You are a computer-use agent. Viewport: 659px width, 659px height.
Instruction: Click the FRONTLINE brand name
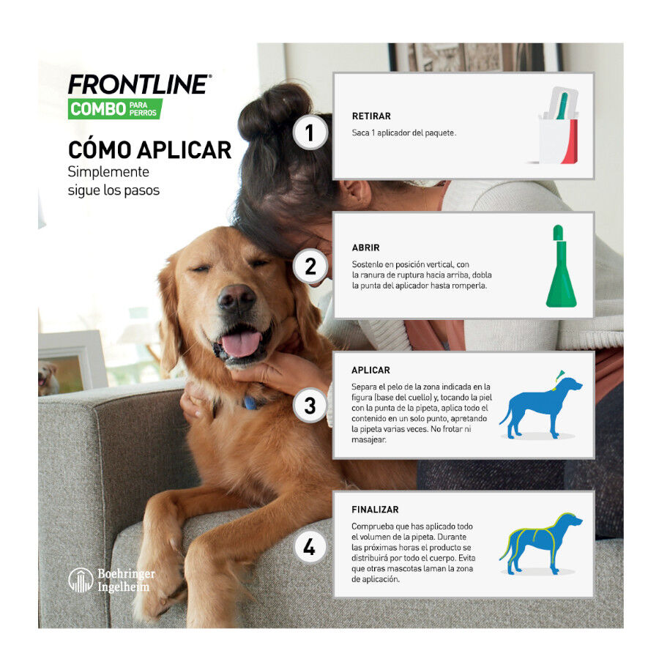[138, 84]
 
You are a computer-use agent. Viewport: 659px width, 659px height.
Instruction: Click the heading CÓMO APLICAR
[149, 149]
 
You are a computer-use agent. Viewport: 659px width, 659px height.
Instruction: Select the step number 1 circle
[310, 133]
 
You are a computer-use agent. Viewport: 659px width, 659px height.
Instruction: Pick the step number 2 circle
[310, 267]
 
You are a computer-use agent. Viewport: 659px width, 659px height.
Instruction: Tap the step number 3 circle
[310, 405]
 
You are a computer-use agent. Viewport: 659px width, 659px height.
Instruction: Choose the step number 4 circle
[310, 547]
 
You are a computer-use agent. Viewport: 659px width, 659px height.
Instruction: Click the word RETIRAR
[371, 116]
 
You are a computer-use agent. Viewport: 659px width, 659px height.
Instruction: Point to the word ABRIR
[365, 247]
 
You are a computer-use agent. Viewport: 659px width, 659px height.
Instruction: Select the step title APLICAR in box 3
[371, 371]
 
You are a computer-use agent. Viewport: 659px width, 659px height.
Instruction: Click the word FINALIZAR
[375, 509]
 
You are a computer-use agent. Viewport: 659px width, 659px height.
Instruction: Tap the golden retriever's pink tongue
[241, 343]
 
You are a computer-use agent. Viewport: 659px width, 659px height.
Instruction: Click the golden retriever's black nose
[236, 298]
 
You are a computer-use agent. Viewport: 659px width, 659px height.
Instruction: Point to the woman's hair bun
[275, 110]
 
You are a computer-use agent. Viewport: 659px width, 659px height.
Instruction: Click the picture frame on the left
[72, 362]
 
